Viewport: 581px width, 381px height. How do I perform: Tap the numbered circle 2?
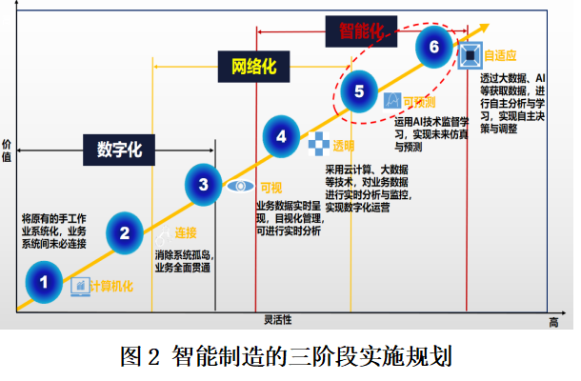tap(124, 231)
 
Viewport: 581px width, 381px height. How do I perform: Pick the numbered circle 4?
tap(281, 137)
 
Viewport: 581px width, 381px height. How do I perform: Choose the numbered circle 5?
tap(359, 91)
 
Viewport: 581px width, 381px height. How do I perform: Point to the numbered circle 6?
tap(435, 46)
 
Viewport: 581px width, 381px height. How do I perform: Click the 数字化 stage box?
tap(119, 150)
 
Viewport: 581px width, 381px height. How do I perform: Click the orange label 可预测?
tap(419, 100)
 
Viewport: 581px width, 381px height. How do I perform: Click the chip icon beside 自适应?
tap(470, 54)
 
